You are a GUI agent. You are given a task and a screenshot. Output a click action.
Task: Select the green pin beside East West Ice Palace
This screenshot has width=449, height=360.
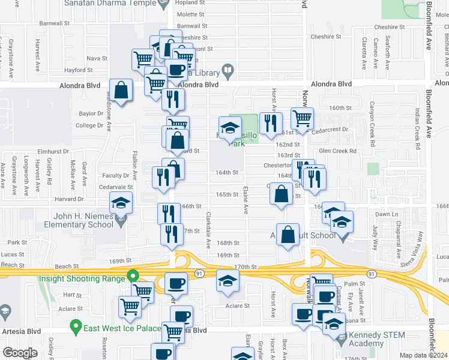pyautogui.click(x=76, y=328)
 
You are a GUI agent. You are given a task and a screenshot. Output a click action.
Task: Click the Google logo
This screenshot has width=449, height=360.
pyautogui.click(x=20, y=352)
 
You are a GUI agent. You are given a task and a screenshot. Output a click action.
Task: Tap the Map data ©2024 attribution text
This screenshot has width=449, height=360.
pyautogui.click(x=423, y=355)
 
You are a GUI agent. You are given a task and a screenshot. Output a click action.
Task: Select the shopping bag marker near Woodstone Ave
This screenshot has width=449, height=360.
pyautogui.click(x=121, y=91)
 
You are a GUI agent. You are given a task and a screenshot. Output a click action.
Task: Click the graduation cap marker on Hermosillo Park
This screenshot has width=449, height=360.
pyautogui.click(x=229, y=128)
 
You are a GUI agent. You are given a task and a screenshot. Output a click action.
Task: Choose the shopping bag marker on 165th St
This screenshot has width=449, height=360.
pyautogui.click(x=282, y=194)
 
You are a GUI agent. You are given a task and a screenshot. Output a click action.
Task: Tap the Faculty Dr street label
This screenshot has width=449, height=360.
pyautogui.click(x=117, y=176)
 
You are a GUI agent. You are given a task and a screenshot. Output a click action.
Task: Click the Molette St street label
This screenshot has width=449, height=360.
pyautogui.click(x=191, y=14)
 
